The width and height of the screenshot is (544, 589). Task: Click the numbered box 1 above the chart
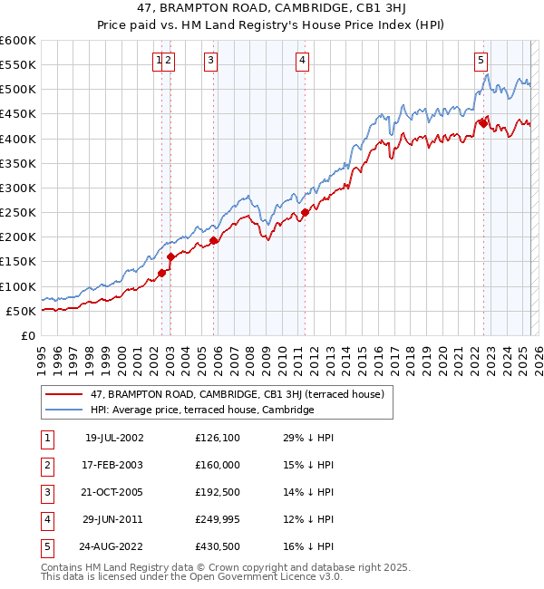pyautogui.click(x=159, y=61)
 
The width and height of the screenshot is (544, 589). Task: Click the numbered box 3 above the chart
pyautogui.click(x=210, y=61)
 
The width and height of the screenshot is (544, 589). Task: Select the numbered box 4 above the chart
pyautogui.click(x=301, y=61)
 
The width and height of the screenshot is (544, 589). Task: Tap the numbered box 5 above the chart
pyautogui.click(x=480, y=61)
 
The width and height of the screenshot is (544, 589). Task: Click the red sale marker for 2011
pyautogui.click(x=305, y=212)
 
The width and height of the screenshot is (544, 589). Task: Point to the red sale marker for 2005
pyautogui.click(x=214, y=240)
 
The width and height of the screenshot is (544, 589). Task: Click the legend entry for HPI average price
pyautogui.click(x=201, y=410)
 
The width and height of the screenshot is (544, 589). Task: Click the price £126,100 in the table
pyautogui.click(x=217, y=438)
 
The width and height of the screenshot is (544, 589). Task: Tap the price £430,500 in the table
pyautogui.click(x=217, y=546)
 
